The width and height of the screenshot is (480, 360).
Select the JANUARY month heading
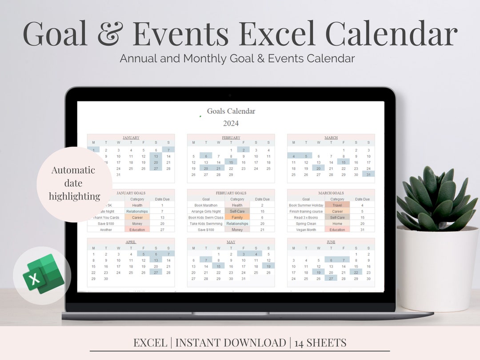click(x=131, y=138)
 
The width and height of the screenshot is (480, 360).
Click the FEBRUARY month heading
click(x=231, y=138)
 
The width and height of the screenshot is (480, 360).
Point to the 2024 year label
click(x=231, y=123)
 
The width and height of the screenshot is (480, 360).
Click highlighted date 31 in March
click(x=368, y=175)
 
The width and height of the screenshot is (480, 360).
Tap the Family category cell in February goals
click(x=237, y=218)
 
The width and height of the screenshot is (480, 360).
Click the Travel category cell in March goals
click(x=337, y=205)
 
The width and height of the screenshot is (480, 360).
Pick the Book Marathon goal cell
click(x=206, y=205)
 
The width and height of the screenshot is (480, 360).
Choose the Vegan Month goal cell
click(x=305, y=230)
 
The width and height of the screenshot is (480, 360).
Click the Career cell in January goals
click(x=137, y=218)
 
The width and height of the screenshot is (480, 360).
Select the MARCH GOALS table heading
click(x=331, y=193)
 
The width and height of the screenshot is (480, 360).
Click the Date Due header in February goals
click(x=262, y=199)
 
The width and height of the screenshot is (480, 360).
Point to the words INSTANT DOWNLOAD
click(x=231, y=343)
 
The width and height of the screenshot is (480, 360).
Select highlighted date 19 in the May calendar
click(x=268, y=266)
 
